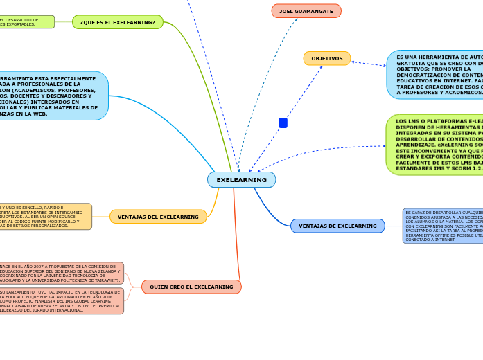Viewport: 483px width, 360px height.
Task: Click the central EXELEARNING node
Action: (x=241, y=180)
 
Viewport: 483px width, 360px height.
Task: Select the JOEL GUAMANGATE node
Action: (x=306, y=11)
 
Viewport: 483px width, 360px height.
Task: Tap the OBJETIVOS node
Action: (x=326, y=59)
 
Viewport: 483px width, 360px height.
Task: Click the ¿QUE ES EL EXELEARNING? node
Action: (x=118, y=22)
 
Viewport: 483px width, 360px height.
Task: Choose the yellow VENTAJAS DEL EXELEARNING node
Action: (x=158, y=217)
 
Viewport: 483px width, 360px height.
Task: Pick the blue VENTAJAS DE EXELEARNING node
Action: (x=337, y=226)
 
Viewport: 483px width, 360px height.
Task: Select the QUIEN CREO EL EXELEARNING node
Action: (x=191, y=287)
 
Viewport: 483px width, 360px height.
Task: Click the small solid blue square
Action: (x=283, y=123)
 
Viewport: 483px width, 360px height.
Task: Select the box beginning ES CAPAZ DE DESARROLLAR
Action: (x=443, y=226)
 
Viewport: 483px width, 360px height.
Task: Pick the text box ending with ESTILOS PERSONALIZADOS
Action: (x=46, y=217)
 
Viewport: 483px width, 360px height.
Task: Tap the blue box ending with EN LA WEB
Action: (x=52, y=96)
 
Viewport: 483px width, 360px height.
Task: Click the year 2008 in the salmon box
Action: (x=107, y=296)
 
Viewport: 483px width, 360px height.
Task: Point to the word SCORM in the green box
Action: (x=451, y=168)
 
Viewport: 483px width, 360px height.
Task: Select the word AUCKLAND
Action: (x=12, y=280)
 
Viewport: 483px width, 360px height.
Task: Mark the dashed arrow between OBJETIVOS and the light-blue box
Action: (x=369, y=64)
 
